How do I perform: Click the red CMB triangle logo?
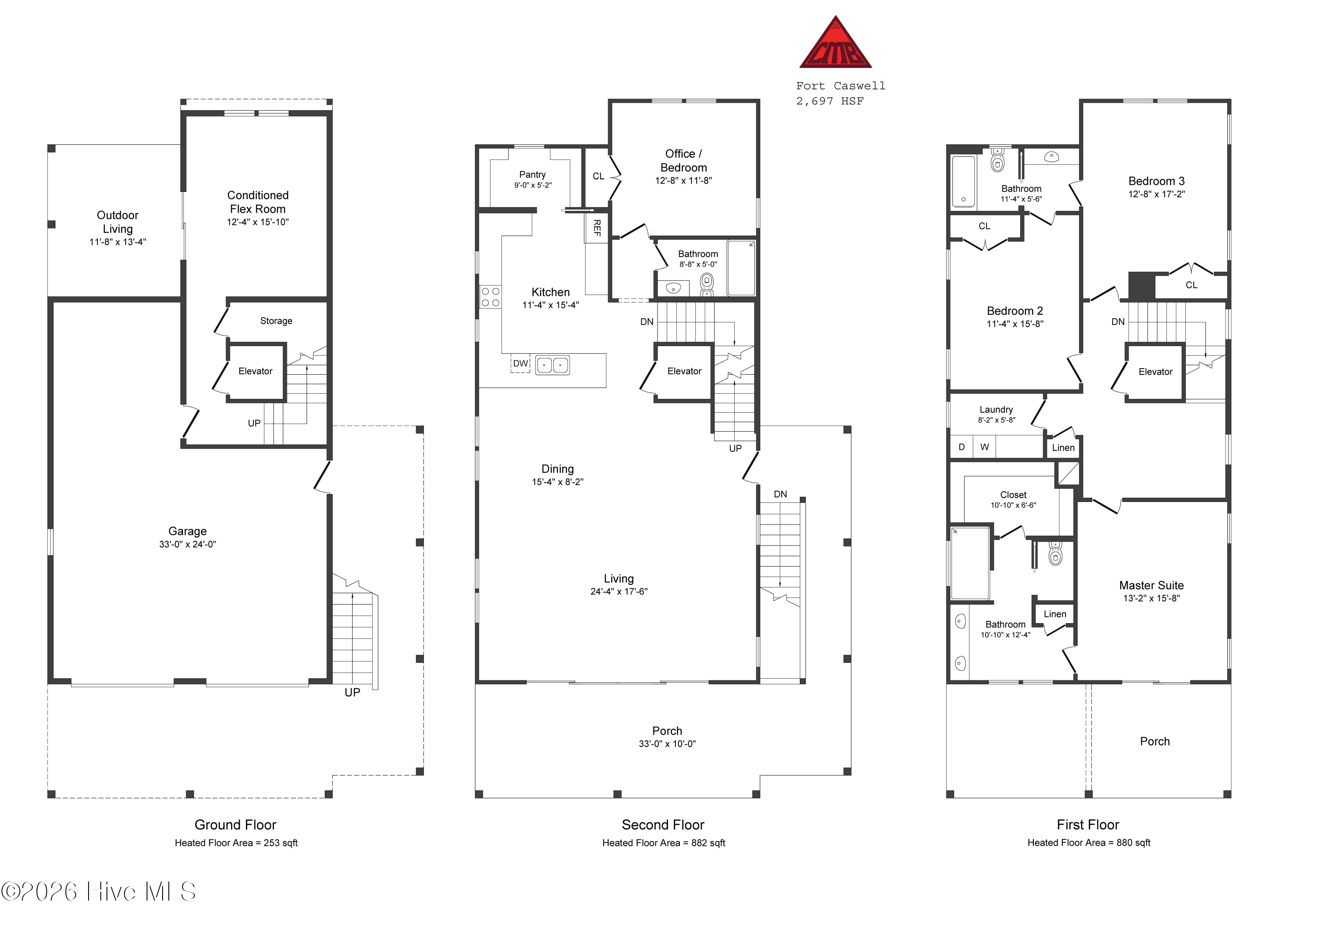click(836, 44)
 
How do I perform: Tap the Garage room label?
click(187, 531)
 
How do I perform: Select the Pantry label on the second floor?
click(532, 174)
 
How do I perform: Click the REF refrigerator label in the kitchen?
click(597, 228)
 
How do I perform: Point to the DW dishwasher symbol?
click(520, 364)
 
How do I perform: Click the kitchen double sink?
click(553, 365)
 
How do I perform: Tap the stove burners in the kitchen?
click(490, 297)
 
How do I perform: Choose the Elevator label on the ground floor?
click(255, 371)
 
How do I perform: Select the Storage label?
click(276, 321)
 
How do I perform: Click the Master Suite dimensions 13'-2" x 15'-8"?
click(1151, 598)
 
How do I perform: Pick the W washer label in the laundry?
click(984, 447)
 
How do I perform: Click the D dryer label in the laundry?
click(962, 447)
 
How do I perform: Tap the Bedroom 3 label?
click(1156, 181)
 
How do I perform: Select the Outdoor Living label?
click(118, 222)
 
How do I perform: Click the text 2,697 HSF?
click(830, 101)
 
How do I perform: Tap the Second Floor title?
click(663, 825)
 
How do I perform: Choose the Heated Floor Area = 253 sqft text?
click(236, 843)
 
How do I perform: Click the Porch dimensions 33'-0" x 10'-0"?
click(667, 744)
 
